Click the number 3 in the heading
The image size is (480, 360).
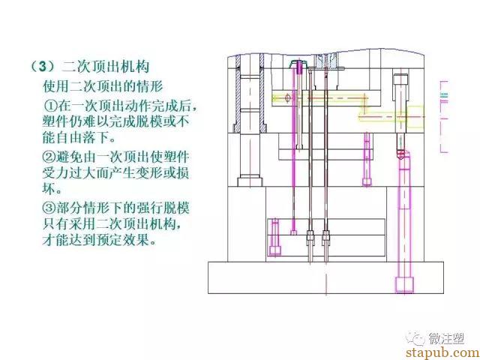43,67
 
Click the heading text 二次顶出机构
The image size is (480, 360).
105,67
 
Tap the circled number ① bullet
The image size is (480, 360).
50,106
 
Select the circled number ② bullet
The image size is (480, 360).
48,157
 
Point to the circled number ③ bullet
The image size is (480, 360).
48,208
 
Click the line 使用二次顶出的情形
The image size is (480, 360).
103,86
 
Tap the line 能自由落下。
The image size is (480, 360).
79,138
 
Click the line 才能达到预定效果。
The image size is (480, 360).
100,240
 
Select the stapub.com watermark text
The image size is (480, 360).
443,353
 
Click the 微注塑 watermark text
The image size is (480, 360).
446,338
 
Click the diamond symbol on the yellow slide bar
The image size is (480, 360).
287,98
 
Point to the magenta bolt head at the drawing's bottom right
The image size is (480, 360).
404,285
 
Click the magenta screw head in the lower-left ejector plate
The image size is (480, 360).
274,250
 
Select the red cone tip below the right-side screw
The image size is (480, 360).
401,153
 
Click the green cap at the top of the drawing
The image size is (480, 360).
298,63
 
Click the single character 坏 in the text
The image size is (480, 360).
49,189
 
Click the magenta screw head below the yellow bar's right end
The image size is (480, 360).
367,181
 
